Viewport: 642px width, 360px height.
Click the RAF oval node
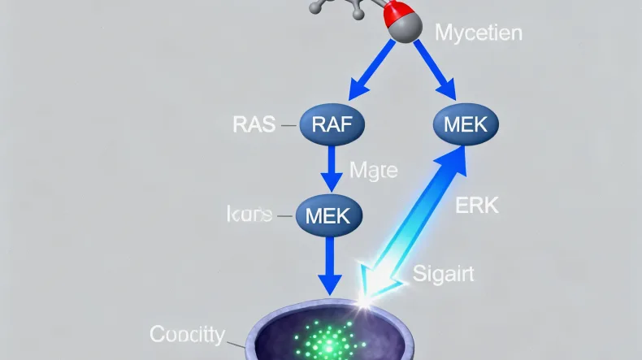(332, 125)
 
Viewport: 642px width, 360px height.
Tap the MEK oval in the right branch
(466, 125)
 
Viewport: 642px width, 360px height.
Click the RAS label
(253, 125)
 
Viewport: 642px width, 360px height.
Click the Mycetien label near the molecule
(479, 33)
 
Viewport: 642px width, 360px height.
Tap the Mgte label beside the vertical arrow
(373, 171)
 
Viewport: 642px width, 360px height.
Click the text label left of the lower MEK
(249, 215)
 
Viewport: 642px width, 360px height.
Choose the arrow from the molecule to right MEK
(432, 71)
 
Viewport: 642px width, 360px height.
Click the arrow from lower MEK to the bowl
(328, 264)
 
